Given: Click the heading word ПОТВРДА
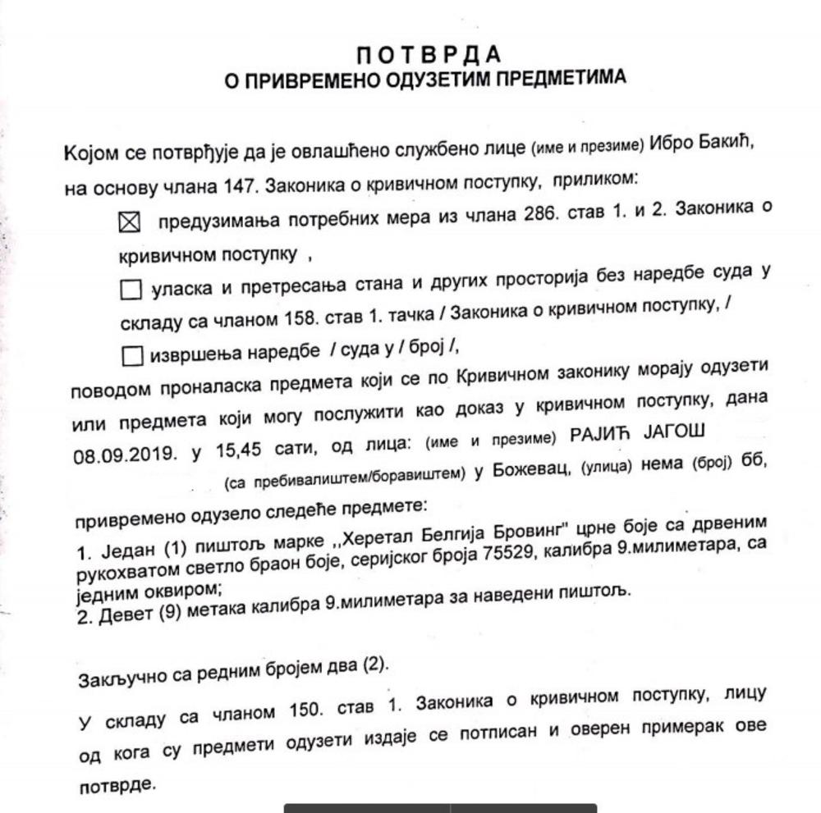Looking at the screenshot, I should click(428, 55).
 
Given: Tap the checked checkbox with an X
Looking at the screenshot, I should click(131, 222).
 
